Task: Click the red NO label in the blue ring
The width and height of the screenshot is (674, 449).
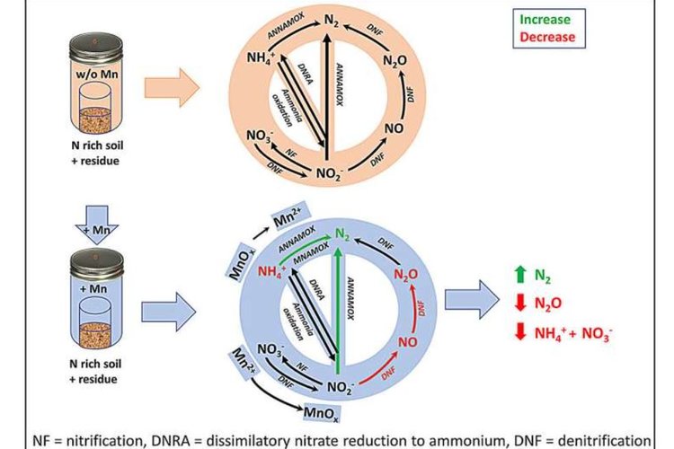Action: tap(404, 341)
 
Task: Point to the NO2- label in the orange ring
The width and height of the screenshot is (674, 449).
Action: tap(336, 172)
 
